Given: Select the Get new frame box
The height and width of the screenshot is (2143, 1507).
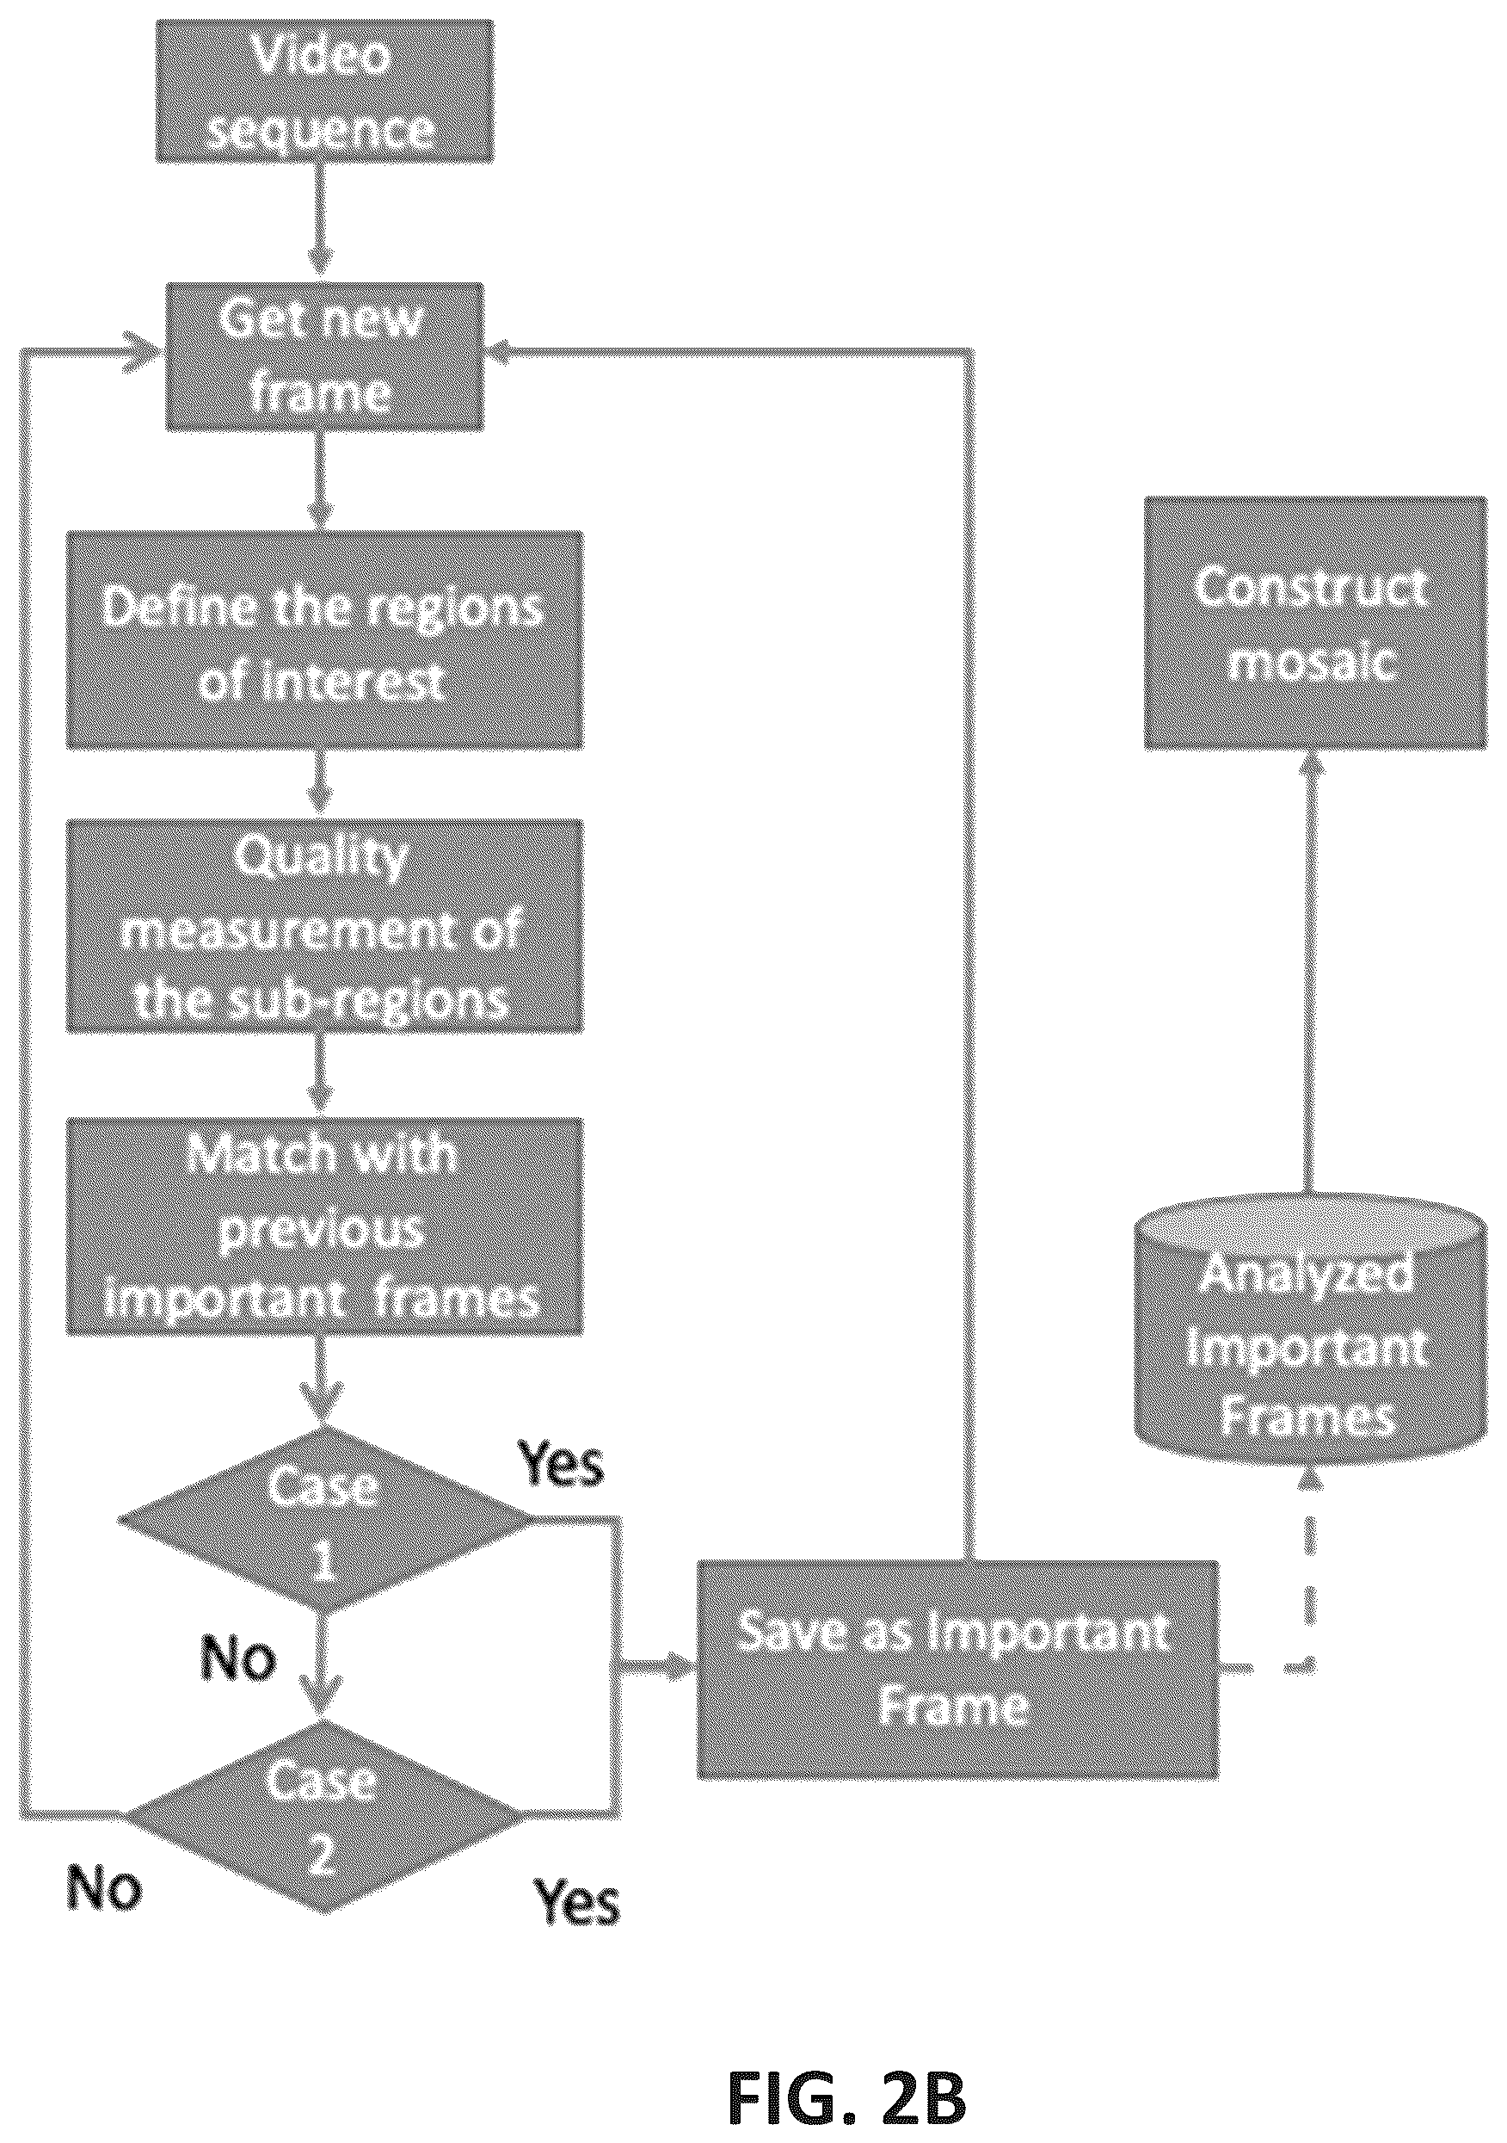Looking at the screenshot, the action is (x=323, y=356).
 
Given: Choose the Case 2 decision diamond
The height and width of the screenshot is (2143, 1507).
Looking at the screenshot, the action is (x=323, y=1815).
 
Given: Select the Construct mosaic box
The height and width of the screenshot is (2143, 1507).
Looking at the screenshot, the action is (x=1316, y=622).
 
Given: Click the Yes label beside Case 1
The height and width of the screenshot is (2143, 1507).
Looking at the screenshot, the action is (x=561, y=1463).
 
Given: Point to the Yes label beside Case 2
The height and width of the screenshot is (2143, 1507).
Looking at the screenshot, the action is (x=576, y=1901).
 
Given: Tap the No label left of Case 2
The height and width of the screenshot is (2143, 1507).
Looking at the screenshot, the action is (x=103, y=1887).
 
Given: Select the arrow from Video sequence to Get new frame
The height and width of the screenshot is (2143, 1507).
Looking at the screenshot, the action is (x=321, y=223).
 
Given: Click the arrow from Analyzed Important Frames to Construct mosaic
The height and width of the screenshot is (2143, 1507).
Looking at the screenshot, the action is (x=1308, y=971).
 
